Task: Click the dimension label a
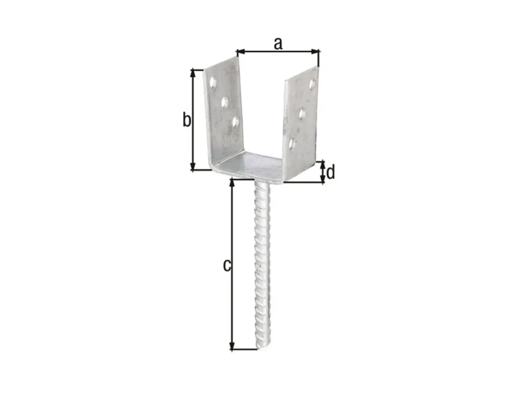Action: (278, 44)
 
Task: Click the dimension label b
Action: (187, 119)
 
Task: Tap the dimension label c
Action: (227, 265)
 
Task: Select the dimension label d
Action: (331, 173)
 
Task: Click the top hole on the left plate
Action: (213, 83)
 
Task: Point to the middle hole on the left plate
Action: (224, 101)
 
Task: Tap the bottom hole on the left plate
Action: (236, 121)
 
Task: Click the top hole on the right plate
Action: (312, 84)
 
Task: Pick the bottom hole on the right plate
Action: (291, 144)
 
